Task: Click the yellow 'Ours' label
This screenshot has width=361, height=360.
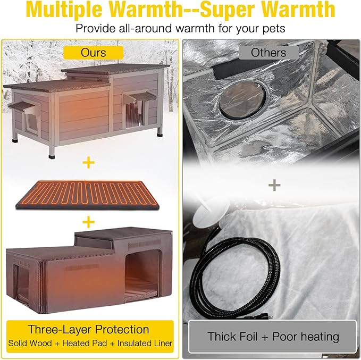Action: point(94,52)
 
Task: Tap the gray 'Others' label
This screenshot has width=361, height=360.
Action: point(268,52)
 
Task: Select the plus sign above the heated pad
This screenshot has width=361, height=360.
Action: point(88,163)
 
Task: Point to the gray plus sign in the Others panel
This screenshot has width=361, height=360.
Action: point(274,185)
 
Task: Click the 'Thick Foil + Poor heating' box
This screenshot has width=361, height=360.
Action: point(273,336)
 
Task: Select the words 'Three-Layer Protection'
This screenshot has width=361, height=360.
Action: point(88,329)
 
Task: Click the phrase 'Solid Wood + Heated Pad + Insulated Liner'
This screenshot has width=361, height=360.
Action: point(90,344)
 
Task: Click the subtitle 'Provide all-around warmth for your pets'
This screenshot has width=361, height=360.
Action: point(180,28)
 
